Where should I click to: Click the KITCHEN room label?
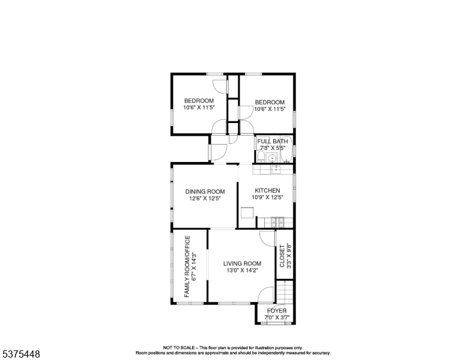267,190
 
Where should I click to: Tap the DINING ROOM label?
205,191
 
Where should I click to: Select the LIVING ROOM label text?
242,263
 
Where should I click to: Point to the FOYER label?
277,311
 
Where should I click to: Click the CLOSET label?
282,256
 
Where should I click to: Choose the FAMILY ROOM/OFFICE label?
187,266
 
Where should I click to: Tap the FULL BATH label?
273,142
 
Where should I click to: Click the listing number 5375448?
21,354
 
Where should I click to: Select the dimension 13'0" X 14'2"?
242,270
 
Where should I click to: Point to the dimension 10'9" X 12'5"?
268,197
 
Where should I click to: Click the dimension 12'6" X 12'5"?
205,199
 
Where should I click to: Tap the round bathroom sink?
272,158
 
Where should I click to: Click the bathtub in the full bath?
286,149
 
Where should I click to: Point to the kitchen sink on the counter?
276,170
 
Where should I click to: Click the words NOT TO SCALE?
178,347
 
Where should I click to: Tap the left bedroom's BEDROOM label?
199,101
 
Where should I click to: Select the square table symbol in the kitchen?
247,213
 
